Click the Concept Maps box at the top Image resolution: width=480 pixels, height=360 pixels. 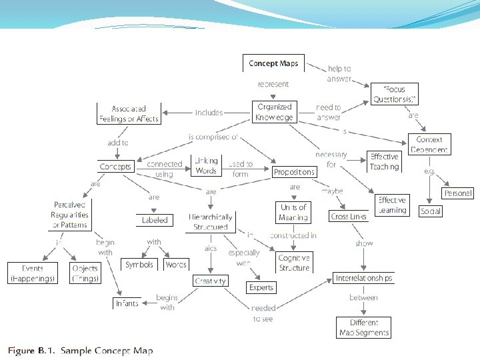tap(273, 64)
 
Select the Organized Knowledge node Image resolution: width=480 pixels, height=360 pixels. tap(274, 112)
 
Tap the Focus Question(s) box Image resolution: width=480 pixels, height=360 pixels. tap(394, 94)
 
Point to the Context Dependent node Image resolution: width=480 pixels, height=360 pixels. tap(429, 145)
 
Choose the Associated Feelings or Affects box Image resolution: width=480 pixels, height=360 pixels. tap(129, 113)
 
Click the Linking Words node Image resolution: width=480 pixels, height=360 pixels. tap(207, 167)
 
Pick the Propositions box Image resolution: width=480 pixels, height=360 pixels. tap(294, 172)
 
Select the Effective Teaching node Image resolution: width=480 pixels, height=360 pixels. tap(385, 161)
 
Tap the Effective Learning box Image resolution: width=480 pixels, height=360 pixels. tap(392, 205)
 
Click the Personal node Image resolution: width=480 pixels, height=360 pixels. tap(458, 193)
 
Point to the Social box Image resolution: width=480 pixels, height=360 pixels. tap(431, 211)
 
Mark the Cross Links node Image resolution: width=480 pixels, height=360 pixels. tap(348, 217)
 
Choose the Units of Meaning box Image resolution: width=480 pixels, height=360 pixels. tap(294, 212)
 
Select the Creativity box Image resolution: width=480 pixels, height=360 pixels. tap(211, 281)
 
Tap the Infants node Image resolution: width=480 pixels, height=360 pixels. tap(127, 303)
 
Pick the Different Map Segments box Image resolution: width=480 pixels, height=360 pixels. tap(363, 327)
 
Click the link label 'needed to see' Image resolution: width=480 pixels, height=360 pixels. tap(263, 313)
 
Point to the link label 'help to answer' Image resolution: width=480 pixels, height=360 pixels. tap(339, 73)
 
